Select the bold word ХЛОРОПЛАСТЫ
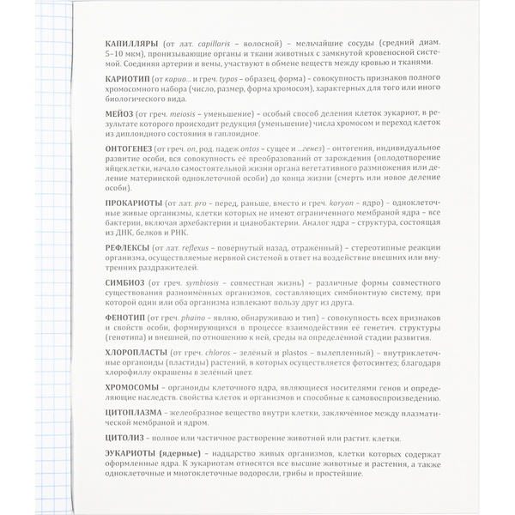(x=139, y=352)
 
